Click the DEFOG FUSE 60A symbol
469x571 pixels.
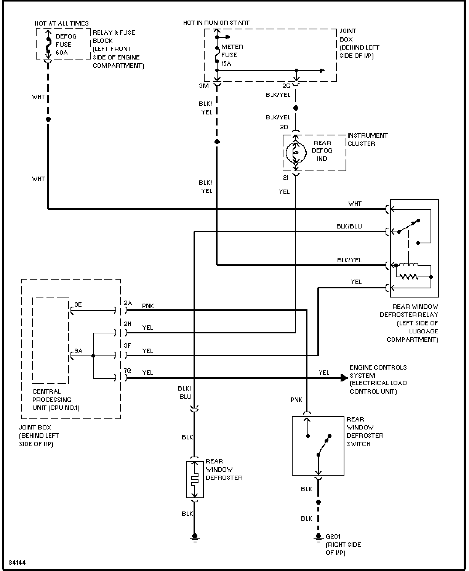click(x=48, y=44)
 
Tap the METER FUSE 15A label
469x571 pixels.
click(x=232, y=55)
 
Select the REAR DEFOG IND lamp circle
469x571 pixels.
click(x=296, y=153)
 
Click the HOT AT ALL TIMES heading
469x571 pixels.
click(x=61, y=24)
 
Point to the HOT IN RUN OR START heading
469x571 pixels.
click(x=216, y=23)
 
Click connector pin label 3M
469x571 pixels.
click(x=204, y=86)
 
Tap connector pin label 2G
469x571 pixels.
click(x=287, y=86)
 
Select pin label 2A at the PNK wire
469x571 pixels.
click(x=128, y=303)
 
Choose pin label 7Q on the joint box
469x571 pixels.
click(x=128, y=370)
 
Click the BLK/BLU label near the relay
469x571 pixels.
click(x=349, y=226)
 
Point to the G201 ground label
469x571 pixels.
click(x=333, y=536)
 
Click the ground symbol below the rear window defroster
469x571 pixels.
click(x=194, y=537)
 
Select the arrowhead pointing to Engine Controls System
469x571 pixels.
click(x=344, y=378)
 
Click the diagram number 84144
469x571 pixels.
click(x=17, y=563)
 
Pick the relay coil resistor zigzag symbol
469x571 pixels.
click(x=409, y=277)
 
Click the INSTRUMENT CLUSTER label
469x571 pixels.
click(x=367, y=140)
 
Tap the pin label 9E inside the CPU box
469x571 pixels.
click(x=78, y=304)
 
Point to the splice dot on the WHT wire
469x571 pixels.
click(x=48, y=119)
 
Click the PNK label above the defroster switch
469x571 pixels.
click(x=296, y=400)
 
